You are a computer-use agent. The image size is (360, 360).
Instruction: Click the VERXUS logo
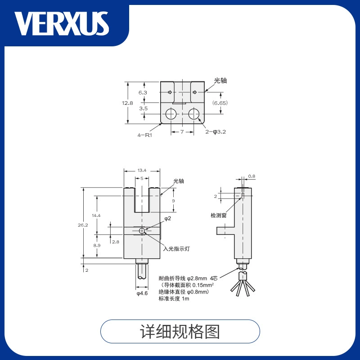62,24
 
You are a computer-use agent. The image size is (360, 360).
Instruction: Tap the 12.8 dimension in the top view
127,103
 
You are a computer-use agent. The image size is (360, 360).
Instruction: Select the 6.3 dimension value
143,93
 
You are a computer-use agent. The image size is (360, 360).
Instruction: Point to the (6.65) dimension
220,103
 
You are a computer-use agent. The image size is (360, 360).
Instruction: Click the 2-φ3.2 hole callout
216,132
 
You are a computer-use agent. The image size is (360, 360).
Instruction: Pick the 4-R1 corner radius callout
145,135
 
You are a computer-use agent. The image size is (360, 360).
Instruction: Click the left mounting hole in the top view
171,114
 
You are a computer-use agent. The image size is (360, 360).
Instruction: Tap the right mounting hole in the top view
194,114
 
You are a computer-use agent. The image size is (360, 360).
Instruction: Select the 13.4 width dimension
142,171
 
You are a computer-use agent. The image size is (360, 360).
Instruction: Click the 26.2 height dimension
83,225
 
